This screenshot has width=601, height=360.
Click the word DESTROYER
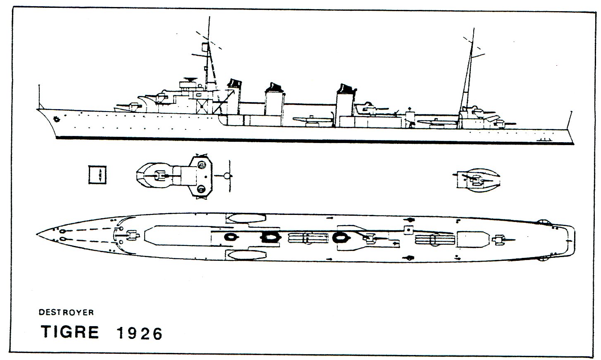[x=66, y=312]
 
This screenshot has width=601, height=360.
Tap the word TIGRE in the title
[x=70, y=332]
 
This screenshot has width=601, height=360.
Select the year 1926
[x=140, y=334]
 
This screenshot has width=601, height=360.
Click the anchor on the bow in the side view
[x=56, y=119]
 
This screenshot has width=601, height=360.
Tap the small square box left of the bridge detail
[x=98, y=175]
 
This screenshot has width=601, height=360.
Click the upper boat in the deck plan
[x=246, y=218]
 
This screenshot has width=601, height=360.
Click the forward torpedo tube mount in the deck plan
[x=308, y=238]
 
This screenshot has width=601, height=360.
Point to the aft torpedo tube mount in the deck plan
[x=435, y=238]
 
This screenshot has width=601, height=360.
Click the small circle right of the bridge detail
[x=227, y=176]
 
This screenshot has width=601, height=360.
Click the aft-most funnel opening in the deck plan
[x=340, y=237]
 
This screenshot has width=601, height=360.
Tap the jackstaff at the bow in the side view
[x=39, y=97]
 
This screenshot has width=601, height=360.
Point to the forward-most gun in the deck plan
[x=131, y=236]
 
